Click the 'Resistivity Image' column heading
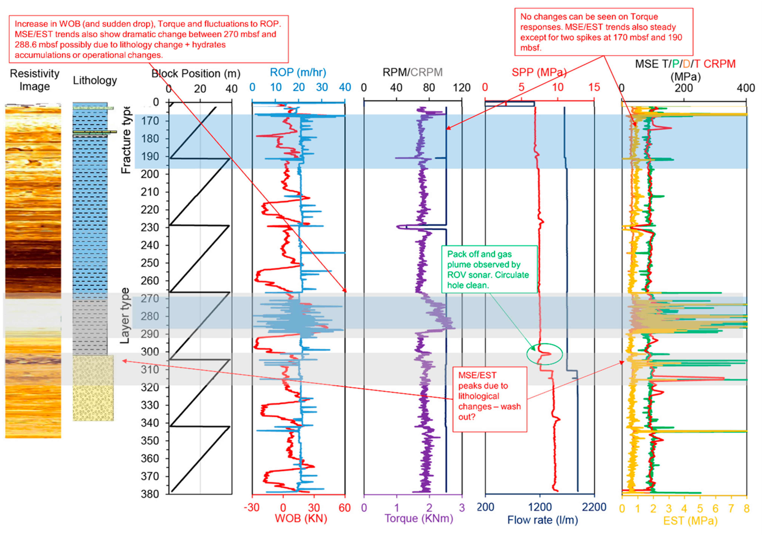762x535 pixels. point(35,80)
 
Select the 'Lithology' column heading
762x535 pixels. point(95,80)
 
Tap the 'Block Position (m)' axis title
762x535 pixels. point(196,73)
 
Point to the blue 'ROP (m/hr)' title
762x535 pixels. point(298,72)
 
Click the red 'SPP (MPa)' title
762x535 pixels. point(539,72)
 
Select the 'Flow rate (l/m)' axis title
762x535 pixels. point(543,520)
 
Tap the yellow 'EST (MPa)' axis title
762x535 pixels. point(690,521)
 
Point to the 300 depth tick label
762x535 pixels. point(150,352)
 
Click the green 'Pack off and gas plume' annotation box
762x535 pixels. point(489,269)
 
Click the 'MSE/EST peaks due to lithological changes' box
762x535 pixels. point(490,399)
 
